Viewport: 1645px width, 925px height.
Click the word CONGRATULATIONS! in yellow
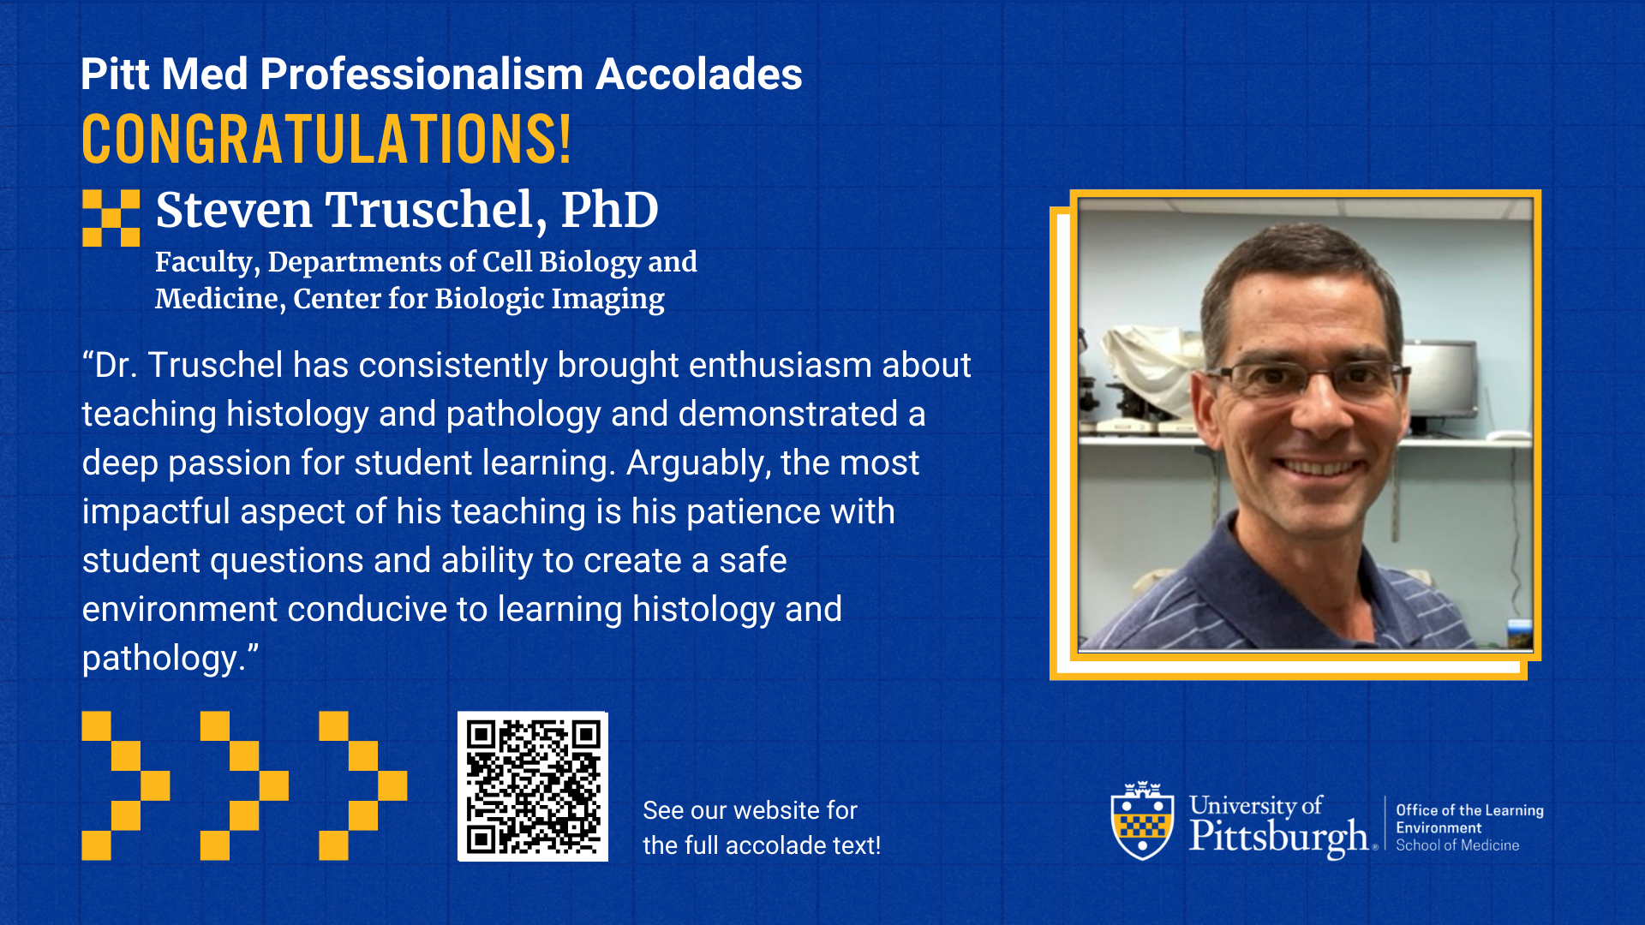click(326, 139)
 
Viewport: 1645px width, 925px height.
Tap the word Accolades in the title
click(699, 74)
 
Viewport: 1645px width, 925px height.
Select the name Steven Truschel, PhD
click(407, 210)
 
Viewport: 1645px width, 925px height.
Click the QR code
click(533, 786)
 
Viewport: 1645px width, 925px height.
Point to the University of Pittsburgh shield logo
click(1142, 821)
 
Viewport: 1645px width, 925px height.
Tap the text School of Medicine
click(1457, 845)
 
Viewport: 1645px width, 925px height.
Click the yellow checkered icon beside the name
click(111, 218)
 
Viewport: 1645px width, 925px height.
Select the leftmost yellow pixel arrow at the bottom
click(126, 785)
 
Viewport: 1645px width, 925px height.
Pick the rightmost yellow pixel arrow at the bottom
click(363, 785)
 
